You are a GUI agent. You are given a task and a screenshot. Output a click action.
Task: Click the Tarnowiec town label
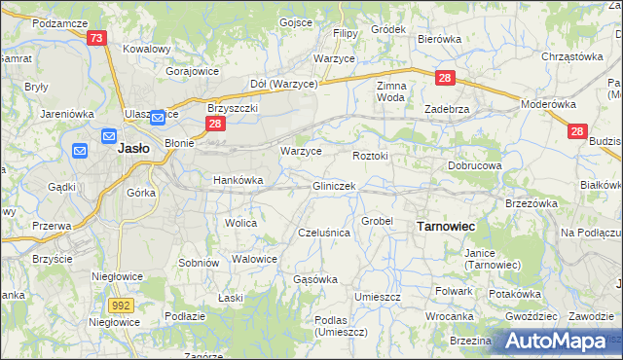(x=446, y=226)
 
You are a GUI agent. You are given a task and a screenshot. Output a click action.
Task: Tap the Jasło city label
(x=132, y=150)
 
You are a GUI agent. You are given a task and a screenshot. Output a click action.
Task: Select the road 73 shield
(x=96, y=38)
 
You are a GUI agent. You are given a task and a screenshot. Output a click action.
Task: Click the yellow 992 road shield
(x=121, y=305)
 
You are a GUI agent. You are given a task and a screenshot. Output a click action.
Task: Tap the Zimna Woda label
(x=390, y=91)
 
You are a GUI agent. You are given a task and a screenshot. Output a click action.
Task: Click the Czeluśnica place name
(x=323, y=233)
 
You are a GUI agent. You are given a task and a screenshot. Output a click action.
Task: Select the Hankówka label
(x=238, y=180)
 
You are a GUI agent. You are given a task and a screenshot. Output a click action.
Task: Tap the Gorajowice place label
(x=192, y=71)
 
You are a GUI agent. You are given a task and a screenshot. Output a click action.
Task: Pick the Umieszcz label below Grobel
(x=379, y=296)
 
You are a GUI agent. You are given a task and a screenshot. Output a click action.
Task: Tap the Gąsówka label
(x=315, y=279)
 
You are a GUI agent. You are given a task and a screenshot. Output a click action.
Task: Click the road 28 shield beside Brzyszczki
(x=215, y=125)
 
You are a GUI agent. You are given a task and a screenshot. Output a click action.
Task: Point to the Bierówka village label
(x=438, y=39)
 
